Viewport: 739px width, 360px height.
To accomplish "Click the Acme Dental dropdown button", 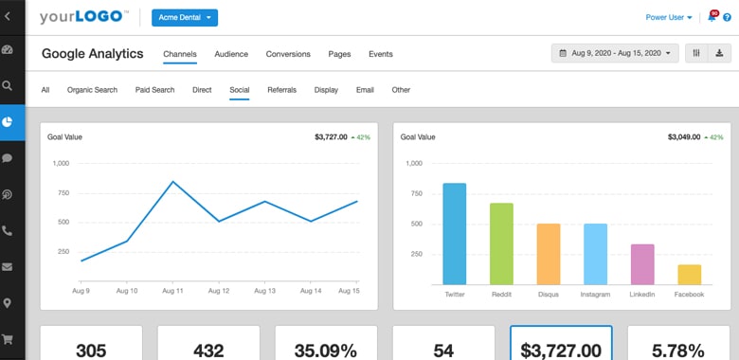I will pos(184,17).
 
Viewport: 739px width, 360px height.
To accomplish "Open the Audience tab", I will pos(231,54).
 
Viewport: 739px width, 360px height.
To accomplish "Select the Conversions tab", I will pos(288,54).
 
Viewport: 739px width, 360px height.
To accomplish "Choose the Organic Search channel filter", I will pos(92,90).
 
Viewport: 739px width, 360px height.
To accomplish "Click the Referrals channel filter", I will pos(281,90).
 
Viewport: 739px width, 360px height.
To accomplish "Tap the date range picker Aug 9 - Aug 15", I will pos(615,53).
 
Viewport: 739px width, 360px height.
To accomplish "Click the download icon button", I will pos(719,53).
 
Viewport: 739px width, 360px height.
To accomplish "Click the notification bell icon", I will pos(712,17).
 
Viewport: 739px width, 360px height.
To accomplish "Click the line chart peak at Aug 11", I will pos(172,181).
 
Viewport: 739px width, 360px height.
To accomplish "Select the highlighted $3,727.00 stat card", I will pos(561,343).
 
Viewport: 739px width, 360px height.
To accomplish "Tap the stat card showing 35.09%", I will pos(325,343).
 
